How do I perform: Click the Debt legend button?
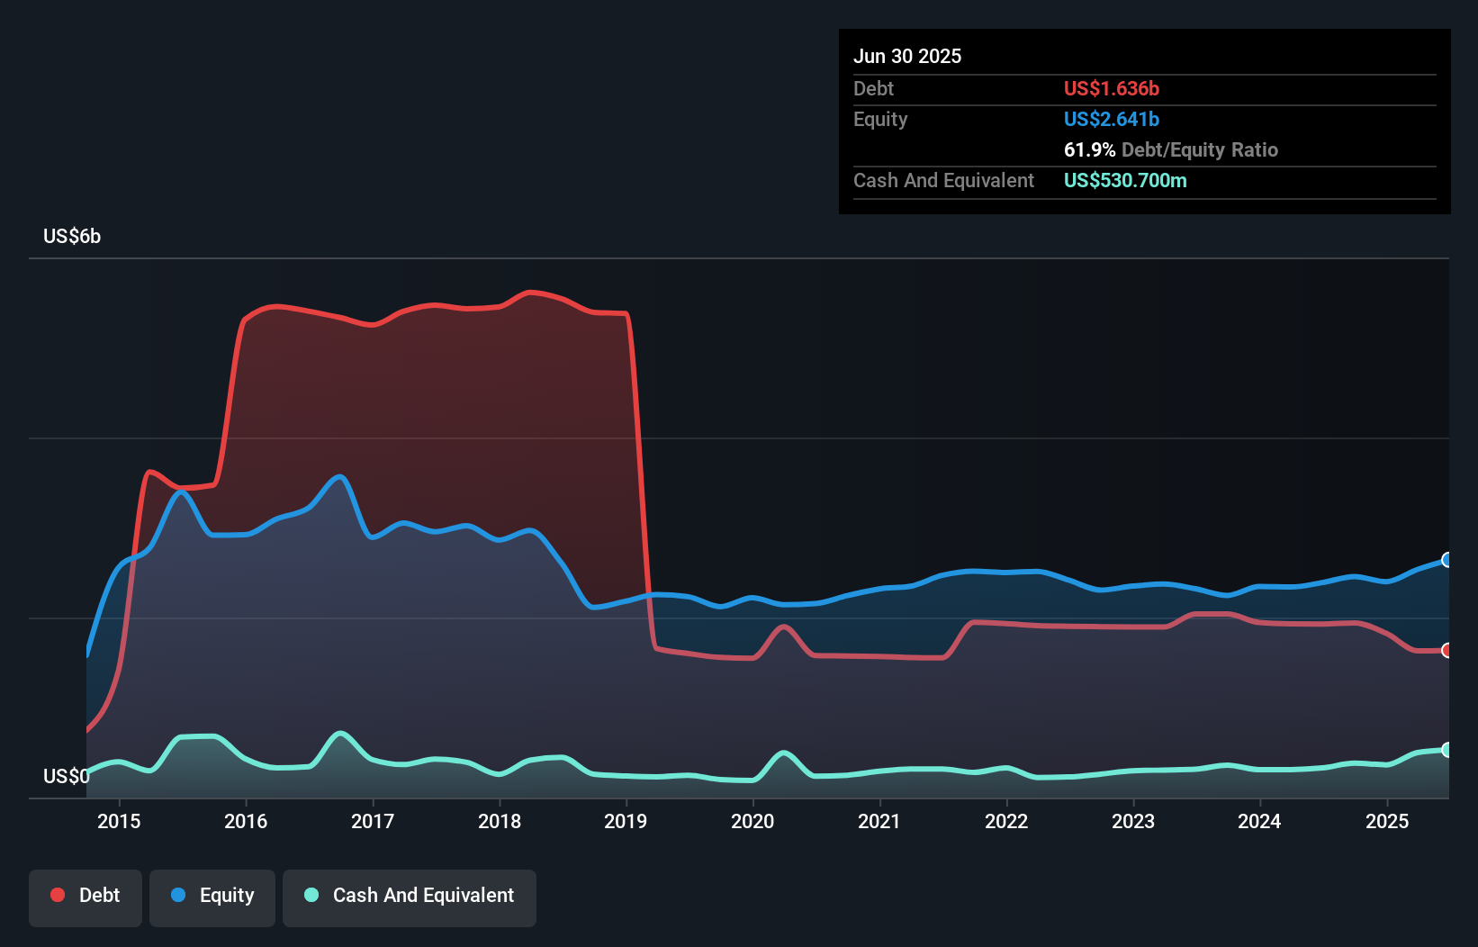click(86, 897)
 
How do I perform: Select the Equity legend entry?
click(212, 897)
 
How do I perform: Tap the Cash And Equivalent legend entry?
click(410, 897)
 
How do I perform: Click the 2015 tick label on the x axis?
click(119, 821)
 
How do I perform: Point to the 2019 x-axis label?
click(626, 821)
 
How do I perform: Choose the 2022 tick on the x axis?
click(1006, 821)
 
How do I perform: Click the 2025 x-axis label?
click(1387, 821)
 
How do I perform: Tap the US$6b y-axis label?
click(72, 237)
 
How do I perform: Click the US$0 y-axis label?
click(66, 776)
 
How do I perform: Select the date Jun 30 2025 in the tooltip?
click(907, 57)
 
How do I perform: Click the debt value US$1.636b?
click(1112, 89)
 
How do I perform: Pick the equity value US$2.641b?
click(1112, 120)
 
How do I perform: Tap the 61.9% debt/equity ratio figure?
click(1089, 150)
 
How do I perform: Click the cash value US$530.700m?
click(1125, 181)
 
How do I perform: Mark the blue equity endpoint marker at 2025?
click(1446, 560)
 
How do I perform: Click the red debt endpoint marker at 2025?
click(1446, 650)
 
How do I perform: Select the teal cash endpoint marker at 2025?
click(1446, 750)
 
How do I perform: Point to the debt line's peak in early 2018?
click(531, 292)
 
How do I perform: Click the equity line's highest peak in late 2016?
click(339, 476)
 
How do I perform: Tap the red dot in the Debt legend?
click(58, 895)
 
